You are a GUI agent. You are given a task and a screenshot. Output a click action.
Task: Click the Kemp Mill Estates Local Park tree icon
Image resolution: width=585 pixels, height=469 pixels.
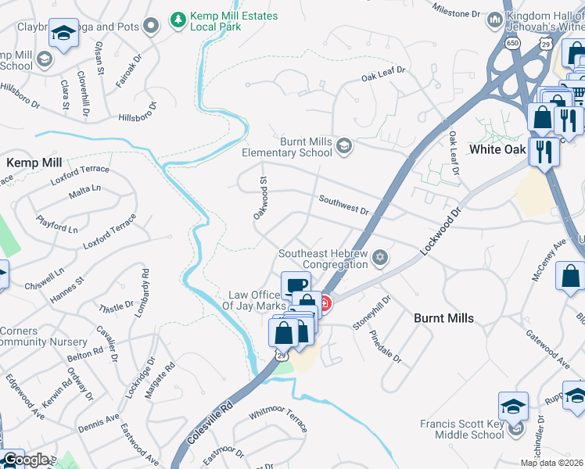(180, 18)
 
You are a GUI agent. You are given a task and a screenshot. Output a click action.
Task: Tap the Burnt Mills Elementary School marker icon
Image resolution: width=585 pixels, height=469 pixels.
(344, 146)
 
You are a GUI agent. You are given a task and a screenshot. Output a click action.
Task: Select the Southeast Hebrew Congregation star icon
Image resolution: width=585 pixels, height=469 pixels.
(380, 258)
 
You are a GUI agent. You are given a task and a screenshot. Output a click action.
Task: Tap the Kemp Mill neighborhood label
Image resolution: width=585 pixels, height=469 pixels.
(34, 163)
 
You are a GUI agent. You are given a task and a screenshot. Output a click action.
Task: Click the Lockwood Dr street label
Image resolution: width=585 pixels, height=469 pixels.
(441, 231)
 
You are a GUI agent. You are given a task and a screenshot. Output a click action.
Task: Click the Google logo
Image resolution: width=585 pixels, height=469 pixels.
(25, 460)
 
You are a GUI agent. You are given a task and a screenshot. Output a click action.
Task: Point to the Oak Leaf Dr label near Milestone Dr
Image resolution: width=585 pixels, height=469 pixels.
(383, 73)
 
